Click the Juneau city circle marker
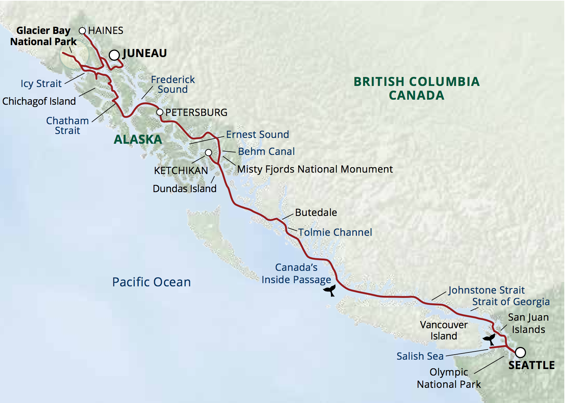[114, 55]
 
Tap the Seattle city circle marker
[520, 352]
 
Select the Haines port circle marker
[82, 31]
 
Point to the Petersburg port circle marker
[160, 112]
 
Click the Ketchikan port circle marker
[208, 153]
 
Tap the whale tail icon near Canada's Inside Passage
[330, 290]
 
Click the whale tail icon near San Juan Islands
[489, 339]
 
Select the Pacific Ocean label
[151, 282]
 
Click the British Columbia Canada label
[417, 88]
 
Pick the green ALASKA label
[138, 139]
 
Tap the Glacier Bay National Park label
[43, 36]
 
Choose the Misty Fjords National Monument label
[315, 169]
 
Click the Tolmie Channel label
[335, 232]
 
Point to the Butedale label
[316, 212]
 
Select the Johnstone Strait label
[486, 290]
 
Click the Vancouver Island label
[444, 330]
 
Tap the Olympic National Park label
[449, 378]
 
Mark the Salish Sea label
[420, 356]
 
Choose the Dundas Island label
[185, 188]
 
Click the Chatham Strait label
[68, 126]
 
